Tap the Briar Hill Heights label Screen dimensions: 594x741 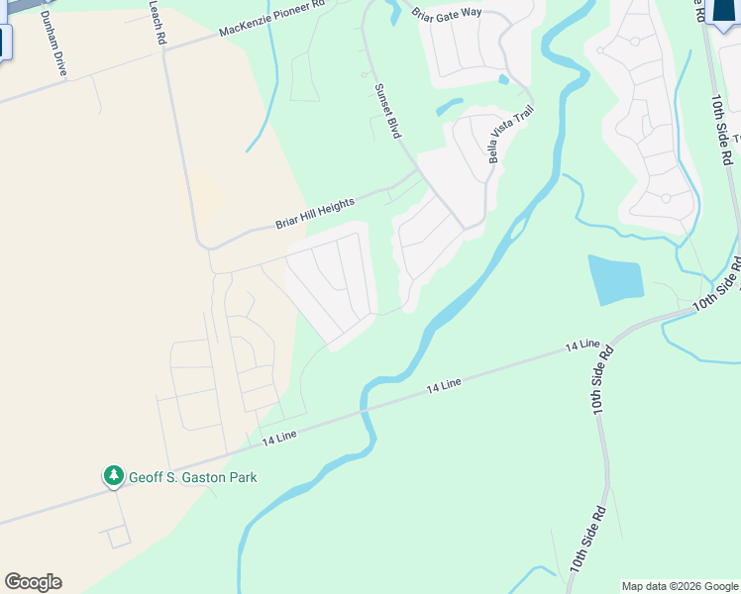[314, 213]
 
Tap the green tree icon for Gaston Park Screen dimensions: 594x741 [114, 477]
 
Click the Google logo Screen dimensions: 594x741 [33, 582]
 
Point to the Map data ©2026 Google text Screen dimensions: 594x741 [680, 586]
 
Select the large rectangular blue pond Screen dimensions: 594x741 [614, 280]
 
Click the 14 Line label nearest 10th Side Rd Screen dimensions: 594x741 [582, 346]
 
